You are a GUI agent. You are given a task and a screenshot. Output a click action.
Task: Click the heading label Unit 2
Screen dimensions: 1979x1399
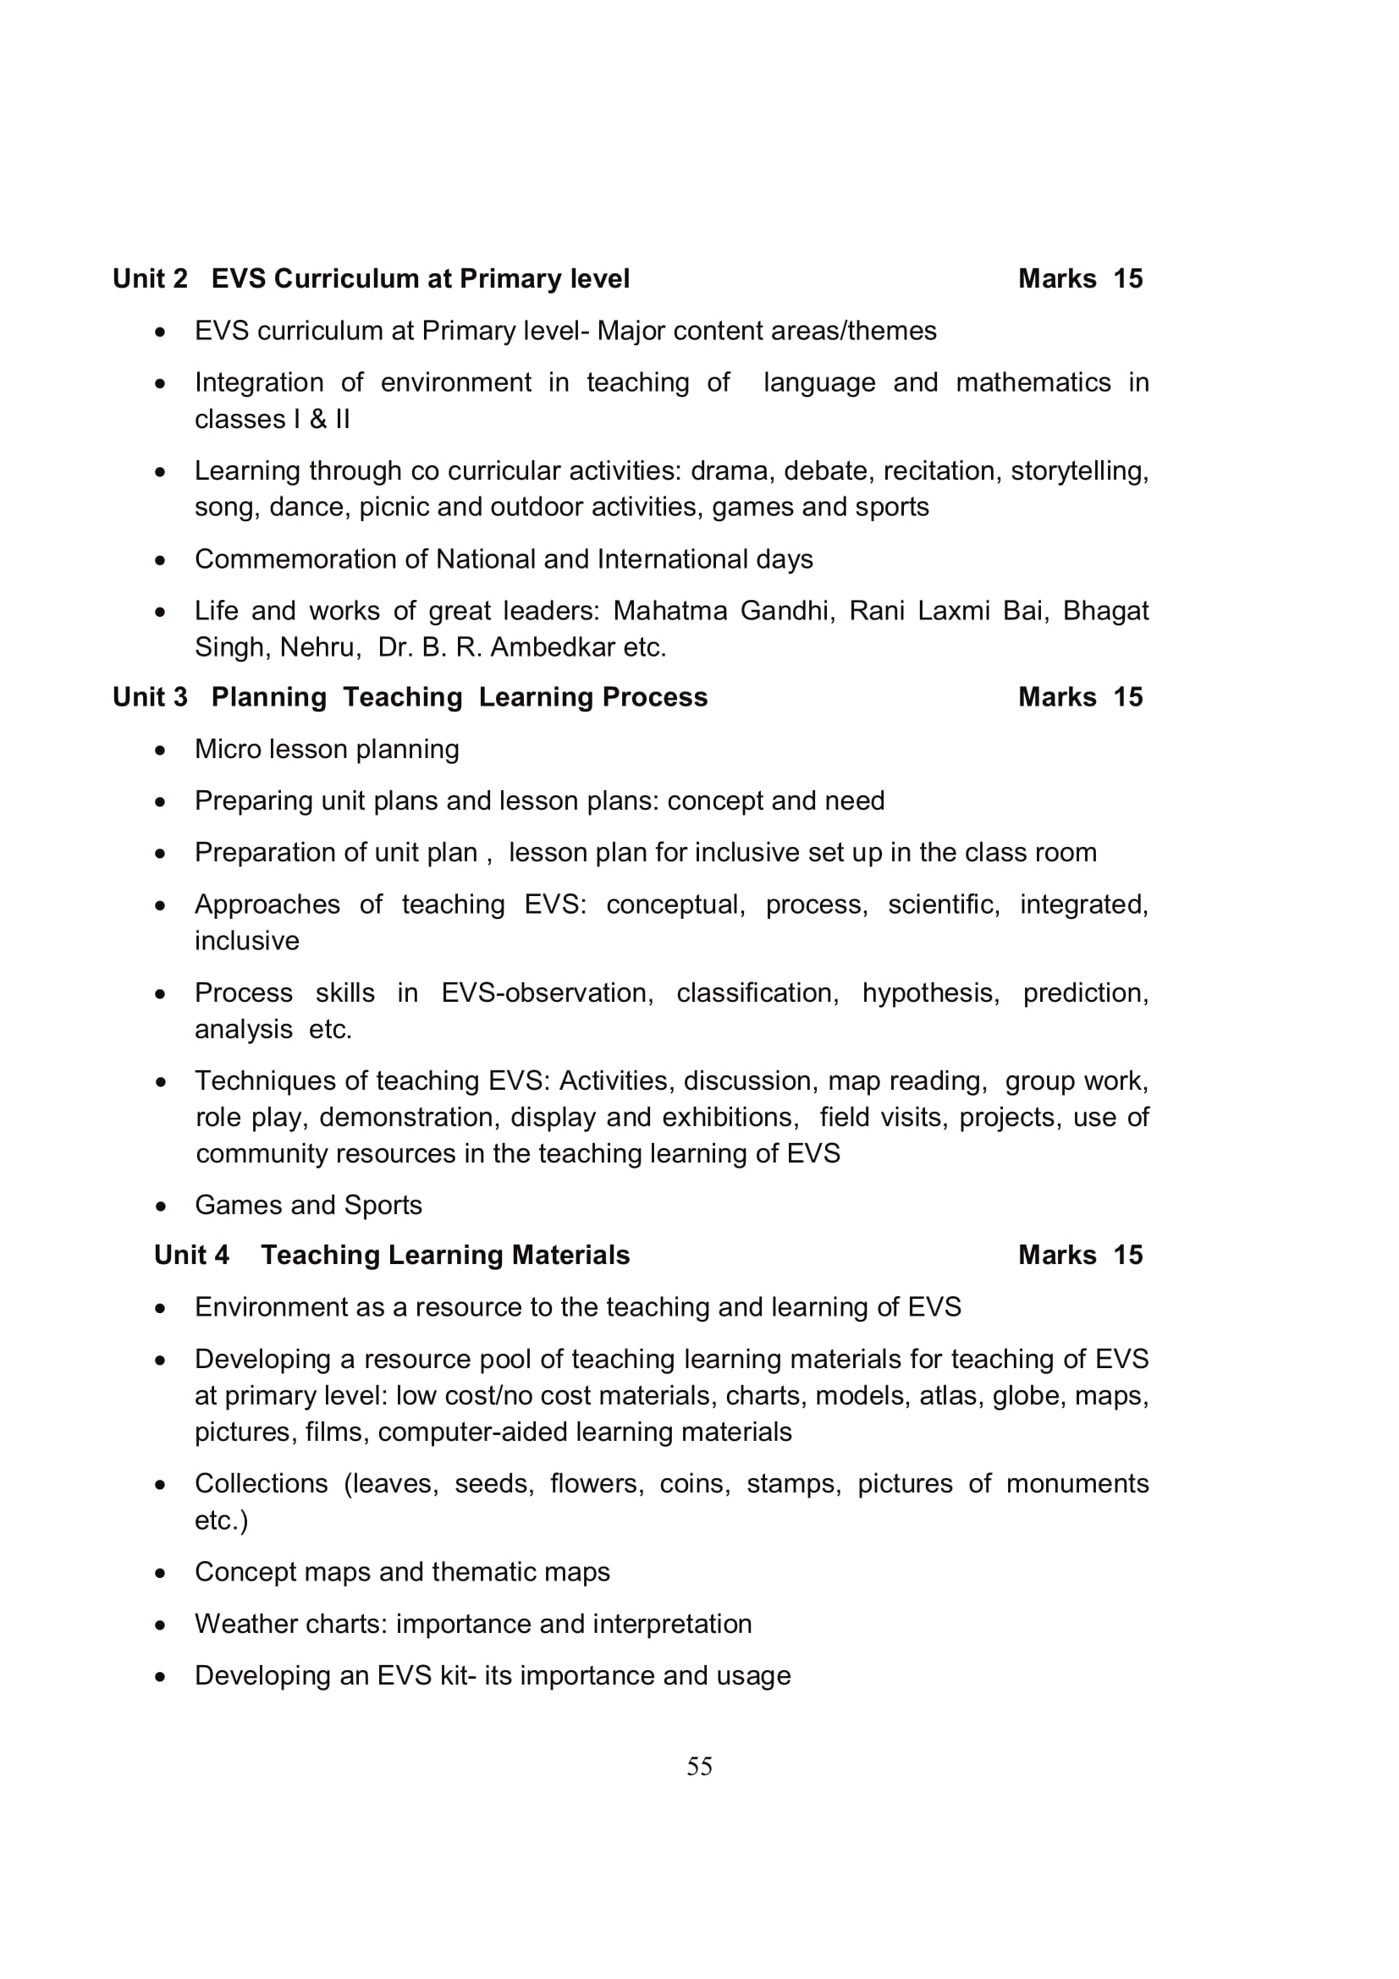pos(150,278)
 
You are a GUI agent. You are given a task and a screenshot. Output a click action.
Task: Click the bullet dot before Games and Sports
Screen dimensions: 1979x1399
pos(160,1206)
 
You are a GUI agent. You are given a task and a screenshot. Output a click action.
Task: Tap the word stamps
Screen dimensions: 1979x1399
pos(793,1483)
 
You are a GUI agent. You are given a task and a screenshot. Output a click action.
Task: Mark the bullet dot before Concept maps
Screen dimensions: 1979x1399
pos(160,1573)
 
